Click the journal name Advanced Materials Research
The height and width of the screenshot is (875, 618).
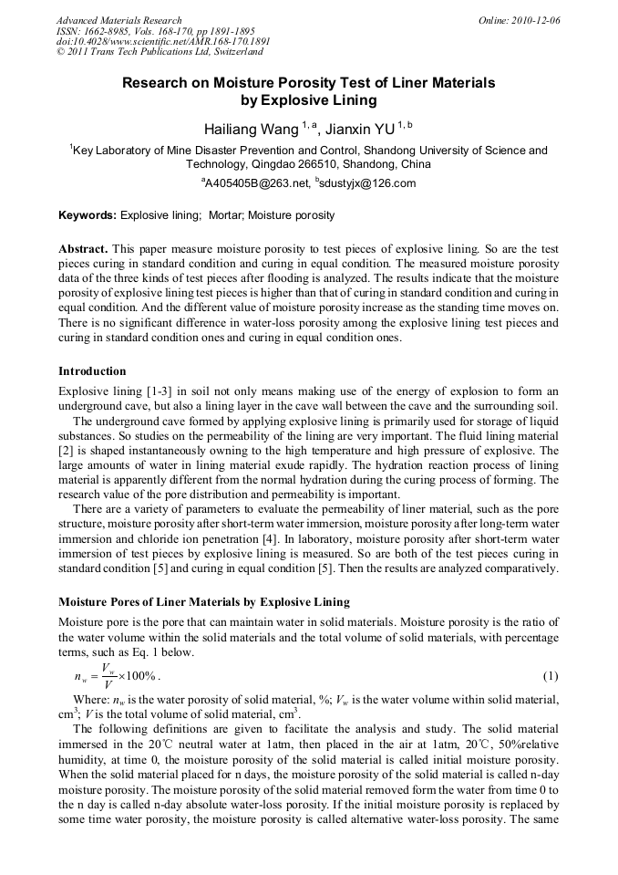pyautogui.click(x=118, y=20)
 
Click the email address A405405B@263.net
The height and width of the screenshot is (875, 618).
pyautogui.click(x=257, y=183)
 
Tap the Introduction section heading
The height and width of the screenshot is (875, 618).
pyautogui.click(x=92, y=371)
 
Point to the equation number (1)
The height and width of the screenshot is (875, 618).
pyautogui.click(x=550, y=676)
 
